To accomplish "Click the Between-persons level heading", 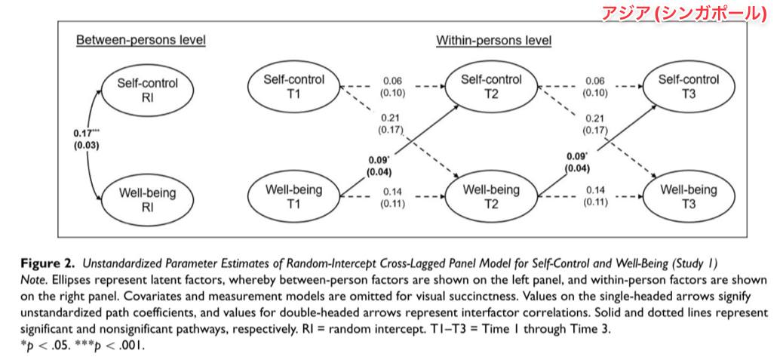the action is coord(141,40).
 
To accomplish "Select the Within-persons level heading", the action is coord(494,40).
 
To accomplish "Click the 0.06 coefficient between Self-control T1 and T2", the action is coord(392,80).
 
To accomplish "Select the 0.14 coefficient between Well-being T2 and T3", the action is coord(595,189).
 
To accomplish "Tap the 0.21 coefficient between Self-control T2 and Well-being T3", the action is coord(595,118).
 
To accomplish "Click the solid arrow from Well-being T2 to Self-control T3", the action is coord(597,150).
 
